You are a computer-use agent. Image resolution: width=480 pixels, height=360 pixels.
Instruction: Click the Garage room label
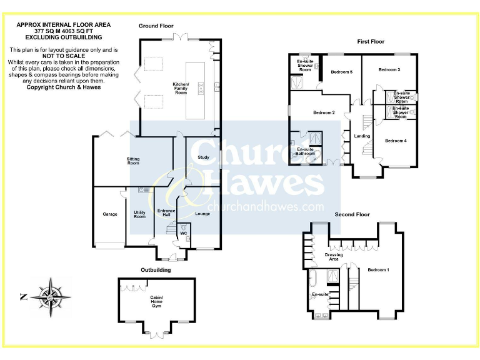tap(110, 214)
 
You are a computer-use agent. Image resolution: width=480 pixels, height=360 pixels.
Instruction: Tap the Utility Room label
tap(139, 214)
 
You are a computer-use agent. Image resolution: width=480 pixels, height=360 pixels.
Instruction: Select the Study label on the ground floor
tap(203, 157)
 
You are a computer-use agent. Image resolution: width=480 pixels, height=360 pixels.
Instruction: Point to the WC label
tap(184, 233)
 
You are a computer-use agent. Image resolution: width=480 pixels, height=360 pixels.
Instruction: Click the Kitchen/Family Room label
tap(181, 88)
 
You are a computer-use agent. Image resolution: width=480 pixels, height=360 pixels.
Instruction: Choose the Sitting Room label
tap(133, 161)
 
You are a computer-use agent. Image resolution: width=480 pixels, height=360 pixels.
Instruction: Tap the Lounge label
tap(202, 214)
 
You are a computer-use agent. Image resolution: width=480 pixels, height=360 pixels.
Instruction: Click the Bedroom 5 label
tap(342, 72)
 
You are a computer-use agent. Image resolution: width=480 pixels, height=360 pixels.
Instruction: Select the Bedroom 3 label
tap(389, 69)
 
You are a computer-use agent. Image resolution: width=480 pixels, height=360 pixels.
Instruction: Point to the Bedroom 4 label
tap(396, 141)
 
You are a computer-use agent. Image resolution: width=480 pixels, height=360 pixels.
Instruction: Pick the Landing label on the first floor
tap(362, 136)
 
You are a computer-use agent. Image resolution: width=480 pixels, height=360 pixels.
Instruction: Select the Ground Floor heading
tap(156, 26)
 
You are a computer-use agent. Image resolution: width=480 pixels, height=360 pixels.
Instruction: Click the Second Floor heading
tap(352, 214)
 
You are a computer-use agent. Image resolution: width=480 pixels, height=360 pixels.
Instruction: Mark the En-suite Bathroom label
tap(305, 151)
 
